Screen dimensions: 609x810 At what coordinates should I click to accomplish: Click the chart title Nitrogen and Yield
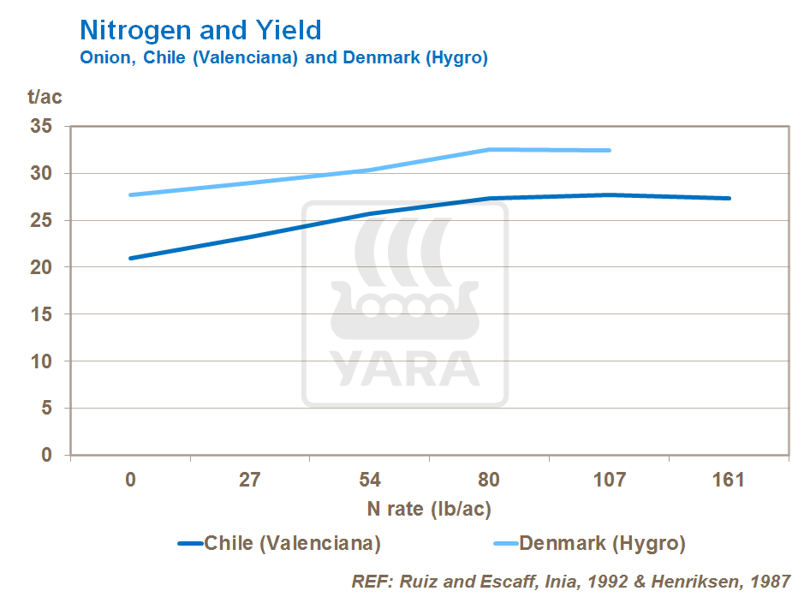pos(200,31)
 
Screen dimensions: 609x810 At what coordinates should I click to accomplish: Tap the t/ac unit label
pos(45,97)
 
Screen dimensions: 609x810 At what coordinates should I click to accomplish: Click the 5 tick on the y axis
pos(48,408)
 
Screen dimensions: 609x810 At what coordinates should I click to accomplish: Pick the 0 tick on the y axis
pos(48,455)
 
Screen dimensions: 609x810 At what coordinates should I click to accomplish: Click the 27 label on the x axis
pos(249,480)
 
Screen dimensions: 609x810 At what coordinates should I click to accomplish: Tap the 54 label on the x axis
pos(369,480)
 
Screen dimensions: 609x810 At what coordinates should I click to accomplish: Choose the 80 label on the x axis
pos(489,480)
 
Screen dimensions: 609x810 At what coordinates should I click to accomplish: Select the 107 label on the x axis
pos(609,480)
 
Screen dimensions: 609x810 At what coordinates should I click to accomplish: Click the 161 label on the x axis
pos(729,480)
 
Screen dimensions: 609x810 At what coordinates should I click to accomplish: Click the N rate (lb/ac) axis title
pos(429,509)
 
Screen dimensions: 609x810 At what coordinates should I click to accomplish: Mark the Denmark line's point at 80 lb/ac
pos(489,150)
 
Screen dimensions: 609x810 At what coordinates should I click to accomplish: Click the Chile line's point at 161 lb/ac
pos(729,199)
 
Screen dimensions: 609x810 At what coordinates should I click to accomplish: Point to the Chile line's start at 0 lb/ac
pos(130,258)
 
